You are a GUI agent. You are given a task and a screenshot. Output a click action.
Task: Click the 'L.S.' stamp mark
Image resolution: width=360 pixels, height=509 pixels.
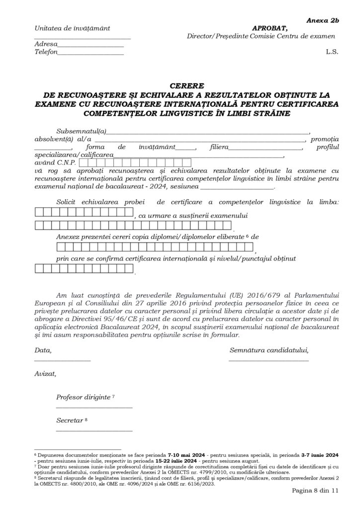tap(332, 51)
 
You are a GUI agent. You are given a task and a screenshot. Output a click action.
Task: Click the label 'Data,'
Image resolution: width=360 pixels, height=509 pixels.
tap(42, 350)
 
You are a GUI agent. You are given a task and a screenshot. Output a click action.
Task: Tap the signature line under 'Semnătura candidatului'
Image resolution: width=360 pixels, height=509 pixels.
tap(269, 359)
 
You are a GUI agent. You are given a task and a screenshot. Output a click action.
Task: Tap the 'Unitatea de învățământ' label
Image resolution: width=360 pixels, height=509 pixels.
tap(73, 28)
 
